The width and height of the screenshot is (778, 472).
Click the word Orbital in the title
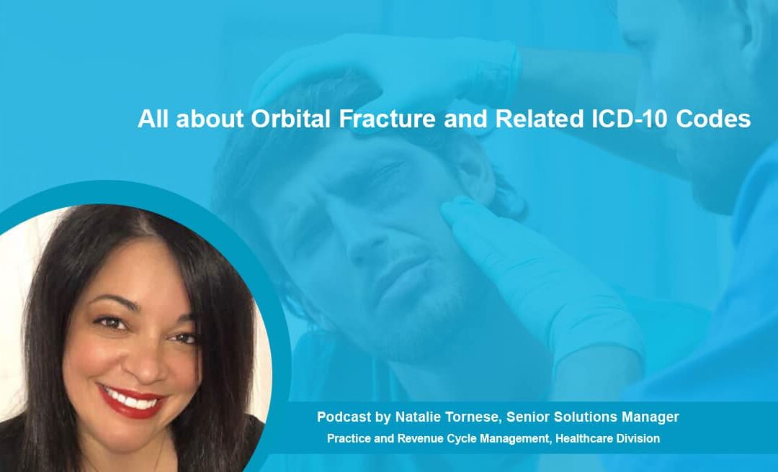[x=291, y=119]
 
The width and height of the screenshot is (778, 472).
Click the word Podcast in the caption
[x=340, y=417]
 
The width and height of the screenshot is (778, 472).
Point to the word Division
[x=638, y=438]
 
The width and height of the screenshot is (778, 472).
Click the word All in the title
[x=153, y=119]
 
